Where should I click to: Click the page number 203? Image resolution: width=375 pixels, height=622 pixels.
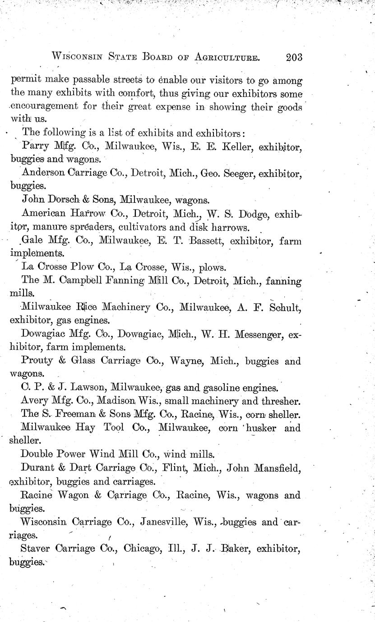point(293,57)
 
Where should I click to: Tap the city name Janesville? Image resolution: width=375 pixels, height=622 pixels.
point(163,522)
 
